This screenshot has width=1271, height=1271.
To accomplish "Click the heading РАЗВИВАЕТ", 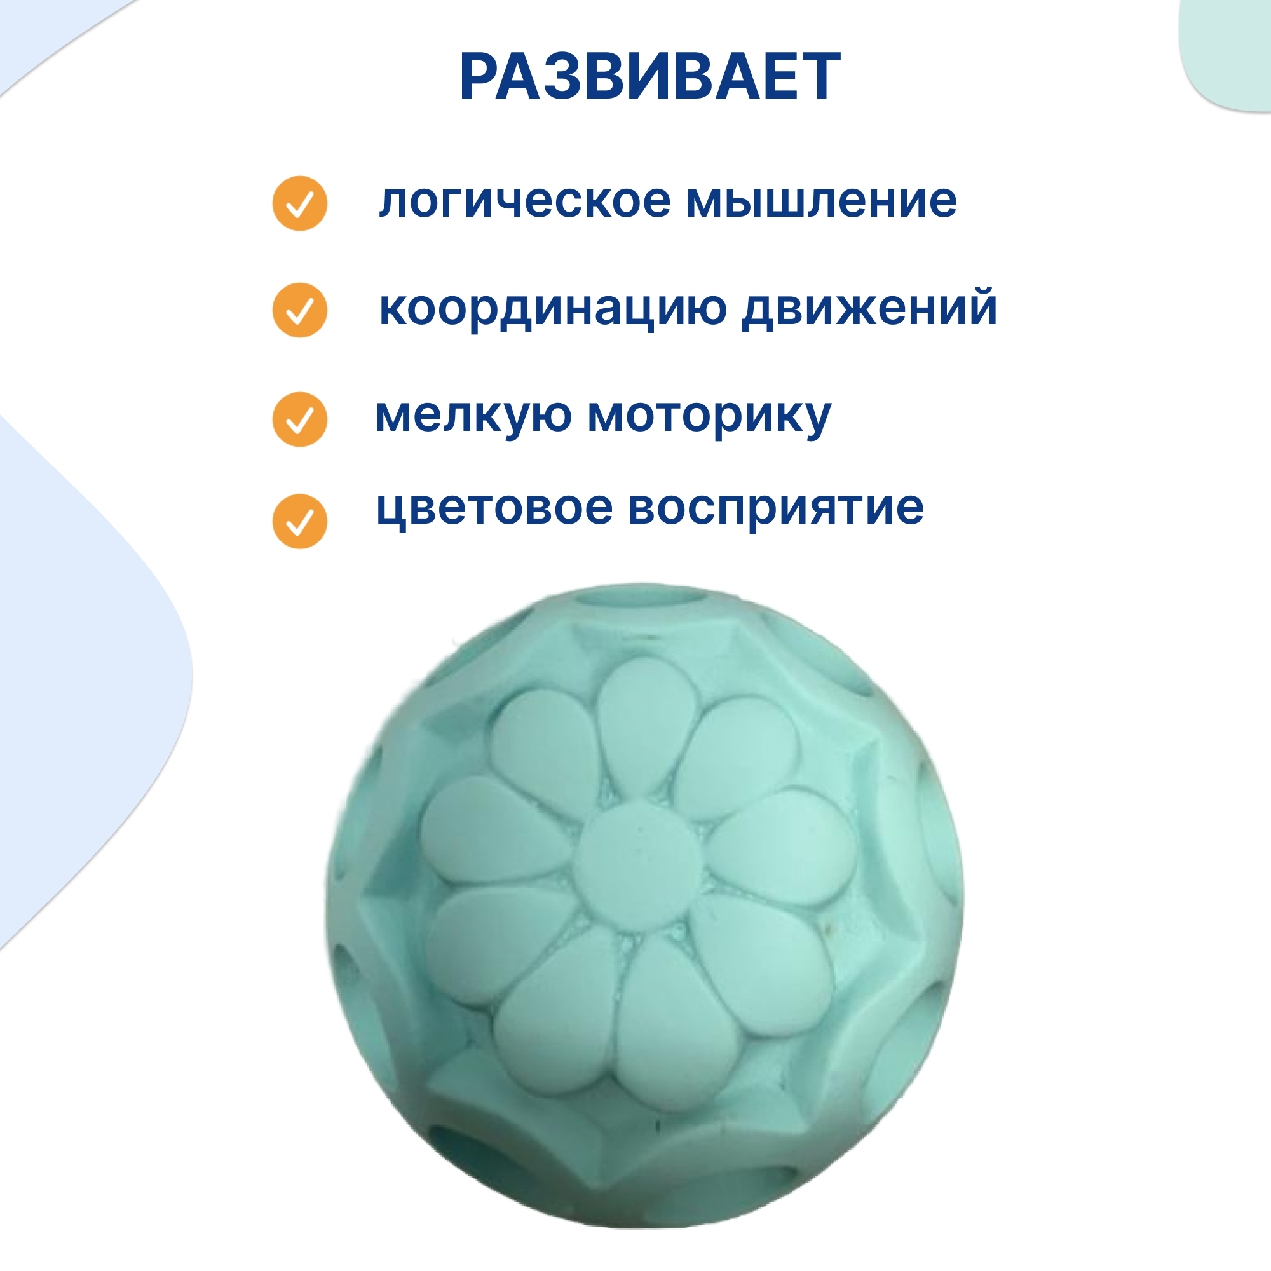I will (649, 77).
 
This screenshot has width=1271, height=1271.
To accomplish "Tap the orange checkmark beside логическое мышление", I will (299, 204).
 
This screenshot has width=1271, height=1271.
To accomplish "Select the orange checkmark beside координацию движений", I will (299, 311).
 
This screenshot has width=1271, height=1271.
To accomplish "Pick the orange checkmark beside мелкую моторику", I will (299, 419).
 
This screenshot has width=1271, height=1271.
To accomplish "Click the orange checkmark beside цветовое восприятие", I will (299, 522).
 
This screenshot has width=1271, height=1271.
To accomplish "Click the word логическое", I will (524, 202).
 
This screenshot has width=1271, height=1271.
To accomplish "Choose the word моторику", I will (709, 417).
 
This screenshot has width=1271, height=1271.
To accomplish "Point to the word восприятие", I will (777, 510).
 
